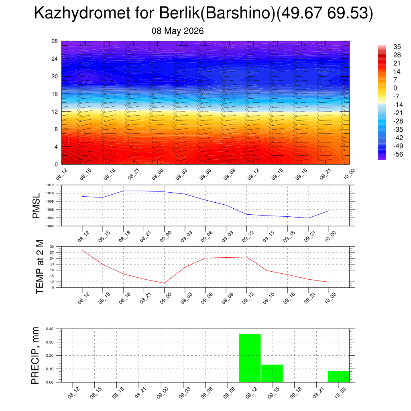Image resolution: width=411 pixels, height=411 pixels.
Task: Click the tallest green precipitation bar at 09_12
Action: point(250,358)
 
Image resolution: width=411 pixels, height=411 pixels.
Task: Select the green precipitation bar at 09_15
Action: point(272,373)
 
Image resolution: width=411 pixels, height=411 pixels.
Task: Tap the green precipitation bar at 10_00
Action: point(339,376)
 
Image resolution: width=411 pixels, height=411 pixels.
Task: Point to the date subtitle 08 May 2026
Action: point(177,31)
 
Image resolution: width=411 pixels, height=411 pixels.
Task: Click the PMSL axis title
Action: point(36,205)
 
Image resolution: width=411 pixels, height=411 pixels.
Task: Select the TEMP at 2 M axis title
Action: point(40,267)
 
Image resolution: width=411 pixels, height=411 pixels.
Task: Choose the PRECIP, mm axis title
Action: point(35,356)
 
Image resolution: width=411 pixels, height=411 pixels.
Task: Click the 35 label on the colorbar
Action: point(397,47)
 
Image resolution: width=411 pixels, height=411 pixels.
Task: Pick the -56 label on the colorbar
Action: point(398,155)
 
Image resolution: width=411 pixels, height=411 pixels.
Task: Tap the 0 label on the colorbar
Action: point(395,88)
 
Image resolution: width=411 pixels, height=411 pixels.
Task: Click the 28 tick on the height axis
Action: point(55,41)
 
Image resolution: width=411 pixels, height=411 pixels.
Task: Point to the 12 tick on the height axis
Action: point(55,112)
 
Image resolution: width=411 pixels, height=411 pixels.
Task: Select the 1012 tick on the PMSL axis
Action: point(50,185)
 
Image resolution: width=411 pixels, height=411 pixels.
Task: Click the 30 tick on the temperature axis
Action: point(52,247)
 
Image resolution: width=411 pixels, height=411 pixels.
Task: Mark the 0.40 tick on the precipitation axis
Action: point(50,329)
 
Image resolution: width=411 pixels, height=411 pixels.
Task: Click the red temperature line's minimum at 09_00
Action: point(164,283)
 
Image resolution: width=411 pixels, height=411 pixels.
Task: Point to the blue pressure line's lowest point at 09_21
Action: point(308,218)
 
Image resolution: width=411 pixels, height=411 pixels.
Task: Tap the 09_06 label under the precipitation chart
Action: point(207,393)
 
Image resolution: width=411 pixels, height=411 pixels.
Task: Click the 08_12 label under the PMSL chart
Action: point(84,236)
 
